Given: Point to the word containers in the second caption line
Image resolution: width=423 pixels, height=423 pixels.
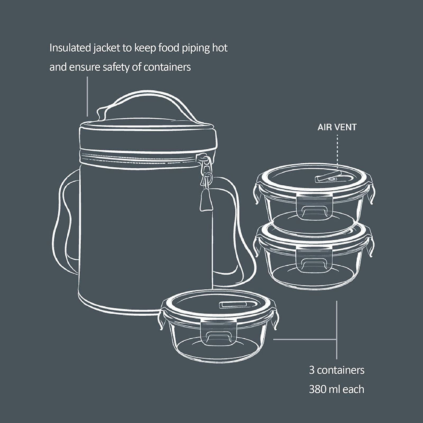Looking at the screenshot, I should [167, 67].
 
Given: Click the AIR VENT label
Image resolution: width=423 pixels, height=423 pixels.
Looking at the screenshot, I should [337, 127].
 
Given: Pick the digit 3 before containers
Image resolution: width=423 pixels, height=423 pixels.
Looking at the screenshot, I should [312, 370].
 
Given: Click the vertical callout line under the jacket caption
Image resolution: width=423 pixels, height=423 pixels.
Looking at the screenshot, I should [87, 96].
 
